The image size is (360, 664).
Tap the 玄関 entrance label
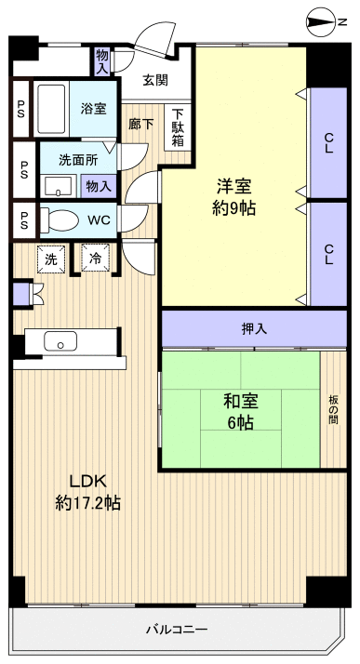(x=155, y=80)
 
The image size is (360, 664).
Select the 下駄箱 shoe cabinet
(x=176, y=127)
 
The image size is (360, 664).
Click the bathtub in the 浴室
(x=53, y=110)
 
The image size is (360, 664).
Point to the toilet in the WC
(x=62, y=221)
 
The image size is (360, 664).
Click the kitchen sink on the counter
(x=61, y=341)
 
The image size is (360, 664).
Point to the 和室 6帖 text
(x=240, y=411)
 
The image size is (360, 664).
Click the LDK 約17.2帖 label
(x=88, y=492)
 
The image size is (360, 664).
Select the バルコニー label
(x=176, y=629)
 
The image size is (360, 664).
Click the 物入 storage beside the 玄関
(x=101, y=61)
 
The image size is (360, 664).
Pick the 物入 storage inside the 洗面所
(x=98, y=186)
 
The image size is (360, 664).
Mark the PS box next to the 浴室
(x=20, y=110)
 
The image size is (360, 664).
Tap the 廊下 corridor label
(x=141, y=123)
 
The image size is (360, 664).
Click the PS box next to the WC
(x=20, y=221)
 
